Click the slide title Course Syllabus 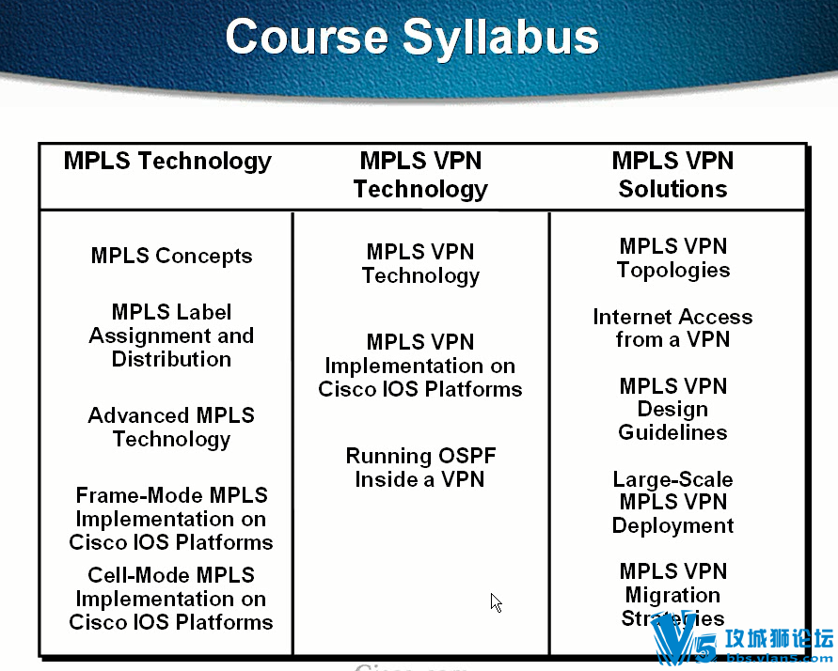coord(412,39)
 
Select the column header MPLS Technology coord(167,161)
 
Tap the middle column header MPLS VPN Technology coord(420,175)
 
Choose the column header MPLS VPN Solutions coord(672,175)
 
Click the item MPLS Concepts coord(171,256)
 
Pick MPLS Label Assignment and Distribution coord(171,335)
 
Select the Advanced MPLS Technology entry coord(171,427)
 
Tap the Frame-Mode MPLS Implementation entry coord(171,519)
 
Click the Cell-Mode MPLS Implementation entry coord(171,599)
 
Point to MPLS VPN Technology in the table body coord(420,264)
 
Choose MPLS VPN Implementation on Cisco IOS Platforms coord(420,366)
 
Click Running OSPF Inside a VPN coord(420,467)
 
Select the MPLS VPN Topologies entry coord(673,257)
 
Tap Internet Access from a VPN coord(672,328)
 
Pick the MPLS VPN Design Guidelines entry coord(673,409)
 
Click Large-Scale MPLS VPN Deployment coord(672,502)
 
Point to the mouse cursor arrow coord(496,602)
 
